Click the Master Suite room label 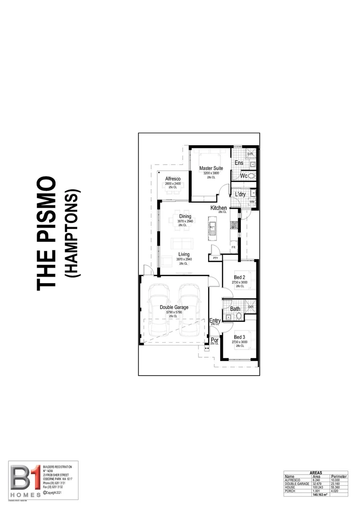pos(211,168)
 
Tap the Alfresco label pos(173,179)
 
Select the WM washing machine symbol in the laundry pos(252,202)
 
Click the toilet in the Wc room pos(252,175)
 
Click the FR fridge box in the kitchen pos(233,247)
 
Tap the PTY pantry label pos(215,258)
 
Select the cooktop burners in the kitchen pos(233,225)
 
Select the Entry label pos(215,320)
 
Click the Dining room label pos(185,216)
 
